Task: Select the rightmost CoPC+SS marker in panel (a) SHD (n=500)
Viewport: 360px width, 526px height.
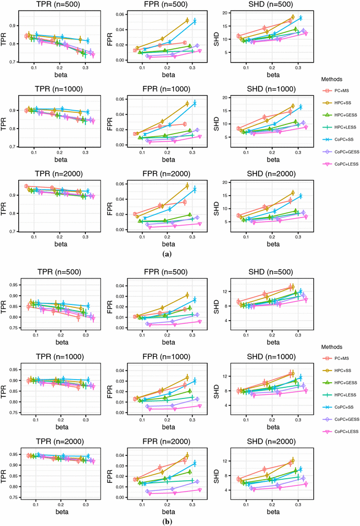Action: [301, 18]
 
